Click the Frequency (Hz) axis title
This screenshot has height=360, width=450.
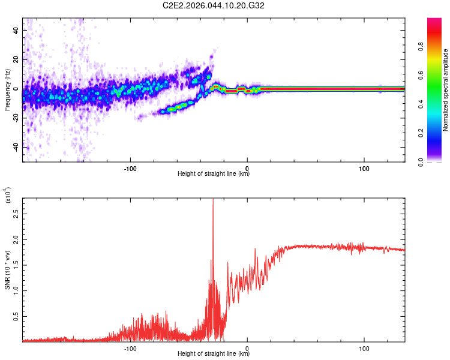[7, 90]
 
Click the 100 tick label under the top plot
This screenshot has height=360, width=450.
[364, 169]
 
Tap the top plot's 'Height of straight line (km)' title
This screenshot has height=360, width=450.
[214, 174]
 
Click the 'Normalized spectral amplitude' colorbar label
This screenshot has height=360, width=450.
[446, 90]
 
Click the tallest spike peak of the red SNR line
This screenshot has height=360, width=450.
[213, 199]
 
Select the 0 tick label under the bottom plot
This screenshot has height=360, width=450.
[248, 349]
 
